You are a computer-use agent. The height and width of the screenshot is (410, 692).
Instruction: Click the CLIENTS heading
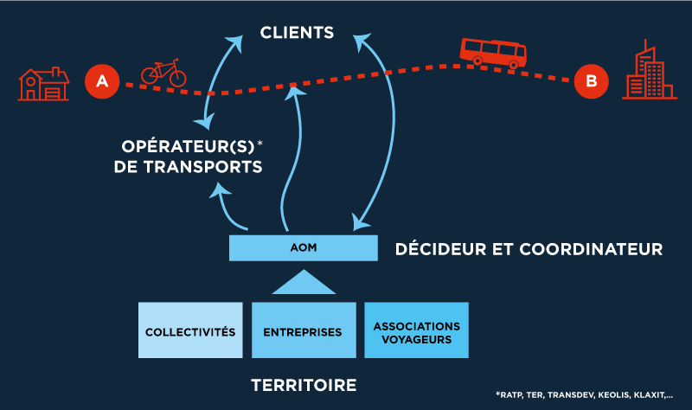point(297,34)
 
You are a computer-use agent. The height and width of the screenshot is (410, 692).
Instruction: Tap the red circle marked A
point(101,81)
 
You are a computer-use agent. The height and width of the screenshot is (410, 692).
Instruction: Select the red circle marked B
point(591,81)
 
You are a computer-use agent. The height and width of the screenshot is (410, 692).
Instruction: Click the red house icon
point(43,83)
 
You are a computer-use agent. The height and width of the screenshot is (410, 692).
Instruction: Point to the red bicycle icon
point(163,74)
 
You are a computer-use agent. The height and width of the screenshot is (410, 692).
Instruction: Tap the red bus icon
point(493,53)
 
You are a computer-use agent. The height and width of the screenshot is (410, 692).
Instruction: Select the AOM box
point(303,247)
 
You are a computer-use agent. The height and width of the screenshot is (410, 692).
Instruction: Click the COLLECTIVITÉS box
point(190,330)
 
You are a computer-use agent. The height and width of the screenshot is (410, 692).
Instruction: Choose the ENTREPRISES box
point(303,330)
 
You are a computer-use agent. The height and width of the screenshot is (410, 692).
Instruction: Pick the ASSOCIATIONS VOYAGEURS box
point(416,330)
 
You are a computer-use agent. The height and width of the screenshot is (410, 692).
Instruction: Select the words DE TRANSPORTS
point(188,165)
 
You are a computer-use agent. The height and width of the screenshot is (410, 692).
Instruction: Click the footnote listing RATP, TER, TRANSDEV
point(584,394)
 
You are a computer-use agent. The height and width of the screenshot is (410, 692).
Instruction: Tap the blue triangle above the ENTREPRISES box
point(303,283)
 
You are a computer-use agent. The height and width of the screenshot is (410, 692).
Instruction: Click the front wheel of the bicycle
point(177,78)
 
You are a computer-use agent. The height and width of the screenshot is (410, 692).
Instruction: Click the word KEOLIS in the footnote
point(617,394)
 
